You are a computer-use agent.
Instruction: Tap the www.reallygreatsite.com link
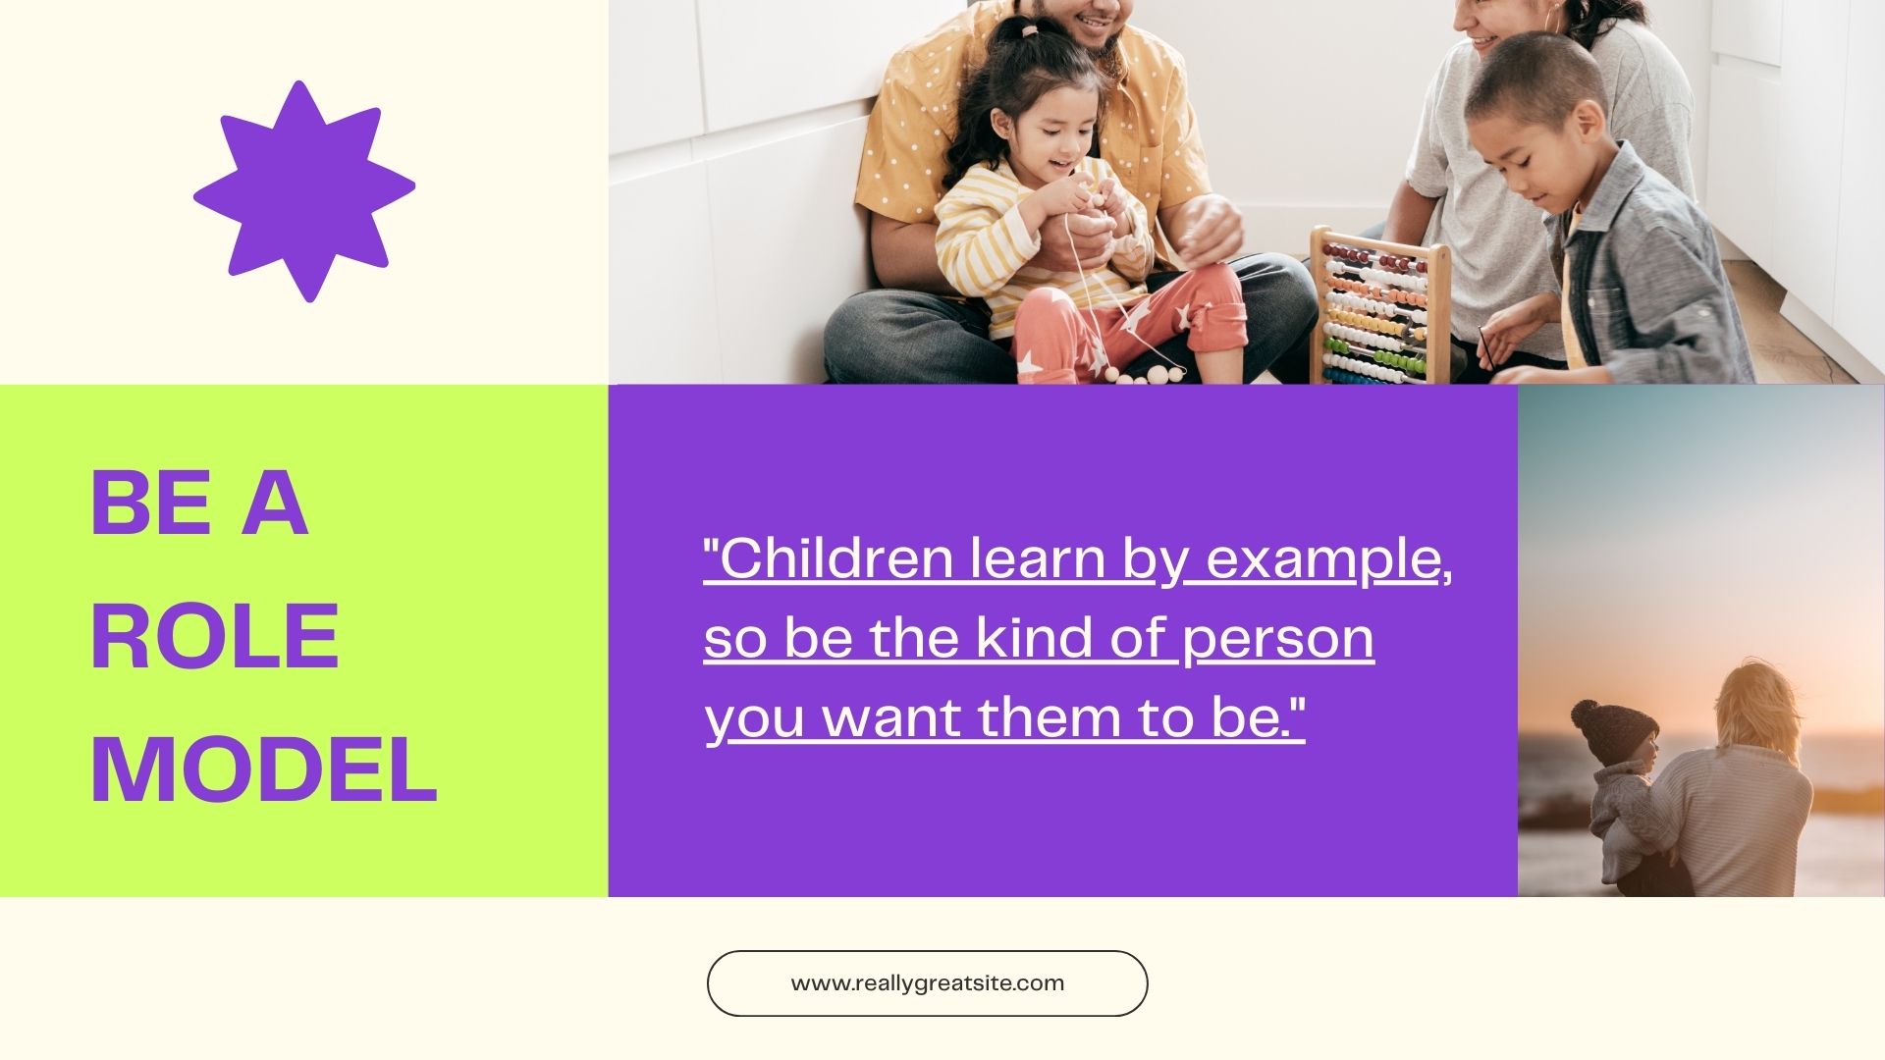[928, 983]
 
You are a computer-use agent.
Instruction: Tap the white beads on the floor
[1144, 374]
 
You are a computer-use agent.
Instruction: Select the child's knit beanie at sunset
[1613, 730]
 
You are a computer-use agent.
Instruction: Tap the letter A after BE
[275, 503]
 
